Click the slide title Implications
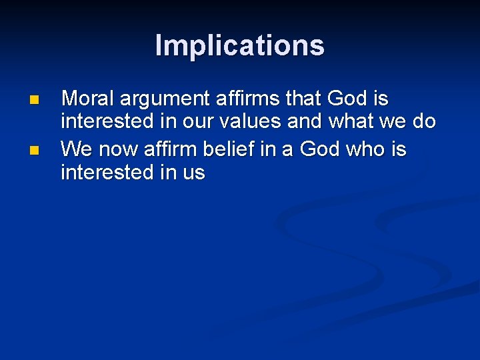(240, 45)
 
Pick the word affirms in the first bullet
(248, 99)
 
